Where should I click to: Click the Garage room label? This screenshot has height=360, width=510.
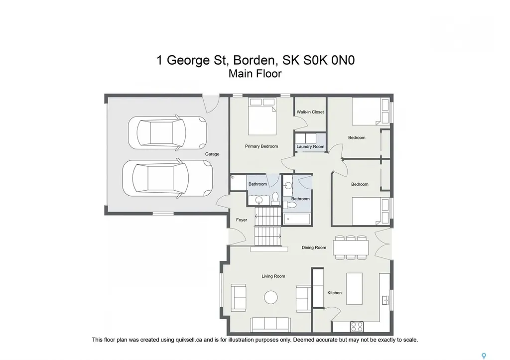click(212, 154)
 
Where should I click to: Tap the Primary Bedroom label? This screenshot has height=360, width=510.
click(261, 146)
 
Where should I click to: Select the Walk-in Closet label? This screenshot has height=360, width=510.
click(310, 112)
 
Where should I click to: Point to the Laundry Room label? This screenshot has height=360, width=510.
click(310, 147)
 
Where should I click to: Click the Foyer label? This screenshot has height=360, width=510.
click(241, 220)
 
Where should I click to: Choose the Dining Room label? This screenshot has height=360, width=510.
click(314, 247)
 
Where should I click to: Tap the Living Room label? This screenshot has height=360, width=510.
click(273, 276)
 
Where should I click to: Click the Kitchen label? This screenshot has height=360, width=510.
click(334, 293)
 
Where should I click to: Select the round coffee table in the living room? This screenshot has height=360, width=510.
click(271, 297)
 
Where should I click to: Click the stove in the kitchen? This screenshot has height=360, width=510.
click(357, 327)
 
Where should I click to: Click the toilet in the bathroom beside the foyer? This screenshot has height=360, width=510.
click(275, 199)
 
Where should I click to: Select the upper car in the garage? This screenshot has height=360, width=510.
click(167, 132)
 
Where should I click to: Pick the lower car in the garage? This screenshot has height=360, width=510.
click(167, 179)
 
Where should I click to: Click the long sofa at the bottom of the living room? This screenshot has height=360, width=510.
click(271, 324)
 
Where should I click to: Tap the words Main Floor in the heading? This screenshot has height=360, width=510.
click(255, 74)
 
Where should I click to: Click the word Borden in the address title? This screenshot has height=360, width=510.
click(255, 60)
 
